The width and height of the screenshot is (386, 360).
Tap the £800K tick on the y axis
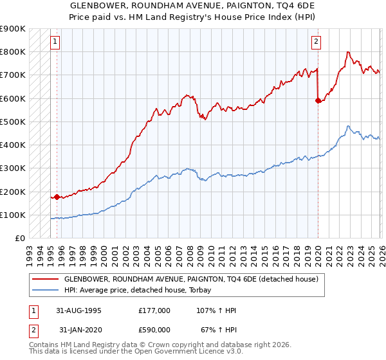click(13, 51)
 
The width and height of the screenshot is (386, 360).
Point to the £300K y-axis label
click(13, 168)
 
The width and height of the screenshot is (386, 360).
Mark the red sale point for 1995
click(57, 197)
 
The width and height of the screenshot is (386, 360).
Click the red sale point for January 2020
click(318, 100)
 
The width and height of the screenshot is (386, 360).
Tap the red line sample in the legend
click(45, 280)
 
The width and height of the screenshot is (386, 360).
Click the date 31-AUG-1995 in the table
click(79, 310)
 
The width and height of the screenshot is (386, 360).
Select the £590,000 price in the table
click(154, 330)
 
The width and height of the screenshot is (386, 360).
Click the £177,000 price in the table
click(154, 310)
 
